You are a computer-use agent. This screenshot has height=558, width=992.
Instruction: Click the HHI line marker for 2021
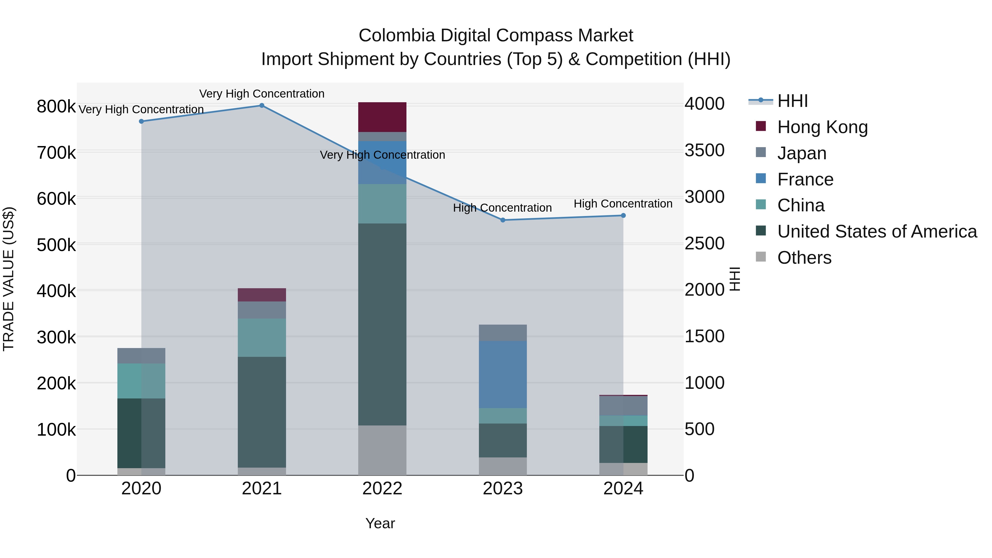[262, 106]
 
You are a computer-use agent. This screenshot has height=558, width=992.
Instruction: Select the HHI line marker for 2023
[503, 220]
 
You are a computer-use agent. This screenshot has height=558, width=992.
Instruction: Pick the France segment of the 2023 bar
[503, 374]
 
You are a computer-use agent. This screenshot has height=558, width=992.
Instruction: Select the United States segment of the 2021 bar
[262, 412]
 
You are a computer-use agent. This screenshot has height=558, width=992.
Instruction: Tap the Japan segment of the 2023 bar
[503, 333]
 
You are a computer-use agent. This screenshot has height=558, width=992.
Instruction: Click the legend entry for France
[805, 179]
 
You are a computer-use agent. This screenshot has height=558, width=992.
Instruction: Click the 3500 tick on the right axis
[704, 150]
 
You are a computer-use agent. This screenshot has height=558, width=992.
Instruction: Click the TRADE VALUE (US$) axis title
[9, 279]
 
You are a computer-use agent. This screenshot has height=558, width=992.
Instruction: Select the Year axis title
[380, 523]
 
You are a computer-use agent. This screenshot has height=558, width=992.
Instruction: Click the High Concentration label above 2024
[623, 204]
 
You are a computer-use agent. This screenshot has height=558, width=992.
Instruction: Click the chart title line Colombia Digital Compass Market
[496, 36]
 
